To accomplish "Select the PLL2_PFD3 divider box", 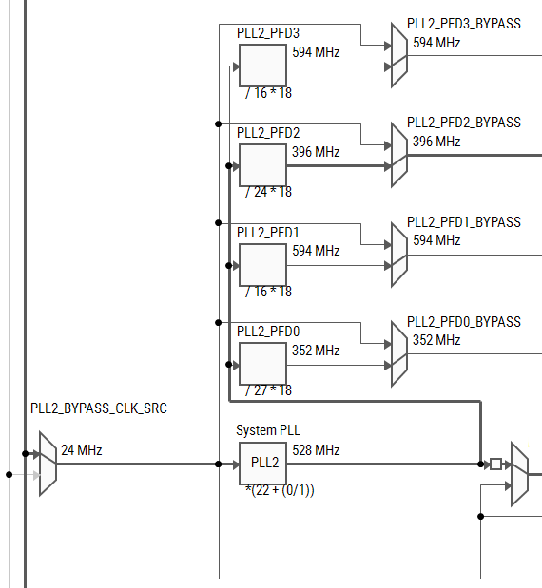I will click(262, 66).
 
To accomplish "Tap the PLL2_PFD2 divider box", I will click(262, 165).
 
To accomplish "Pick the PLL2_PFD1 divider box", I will click(262, 265).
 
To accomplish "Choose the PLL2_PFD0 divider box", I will click(262, 365).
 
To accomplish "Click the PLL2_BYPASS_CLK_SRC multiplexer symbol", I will click(48, 456).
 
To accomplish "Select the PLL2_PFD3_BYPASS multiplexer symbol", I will click(399, 56).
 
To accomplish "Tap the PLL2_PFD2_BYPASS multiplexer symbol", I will click(399, 156).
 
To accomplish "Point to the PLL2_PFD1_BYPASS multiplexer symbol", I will click(399, 256).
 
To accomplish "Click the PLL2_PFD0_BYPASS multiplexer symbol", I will click(399, 355).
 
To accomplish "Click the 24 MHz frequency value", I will click(82, 450).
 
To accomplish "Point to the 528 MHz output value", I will click(316, 450).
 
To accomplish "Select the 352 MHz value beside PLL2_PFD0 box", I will click(316, 351).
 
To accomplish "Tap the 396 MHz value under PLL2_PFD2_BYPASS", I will click(436, 142).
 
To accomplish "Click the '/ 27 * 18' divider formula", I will click(268, 390).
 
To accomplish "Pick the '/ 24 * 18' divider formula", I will click(268, 192).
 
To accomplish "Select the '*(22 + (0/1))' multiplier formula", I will click(280, 490).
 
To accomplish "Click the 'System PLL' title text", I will click(268, 430).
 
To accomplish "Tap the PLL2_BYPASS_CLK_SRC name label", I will click(99, 409).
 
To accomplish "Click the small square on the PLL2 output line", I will click(494, 464).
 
